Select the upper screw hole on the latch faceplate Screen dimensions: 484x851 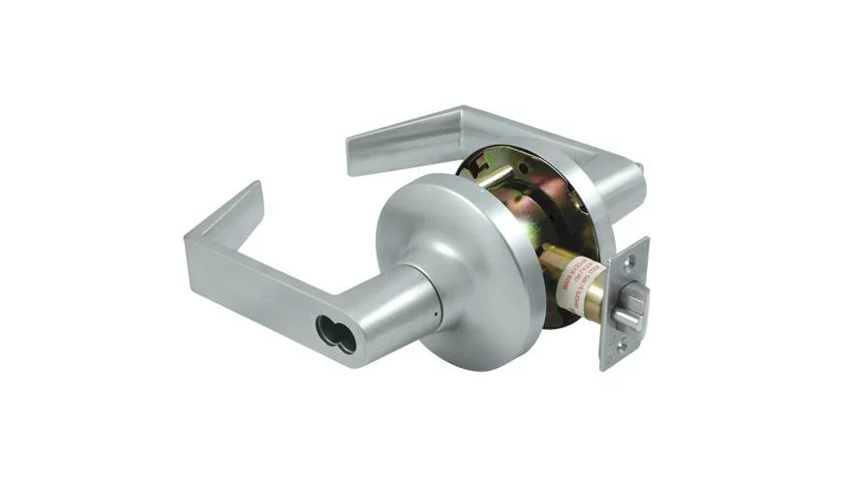(632, 258)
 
